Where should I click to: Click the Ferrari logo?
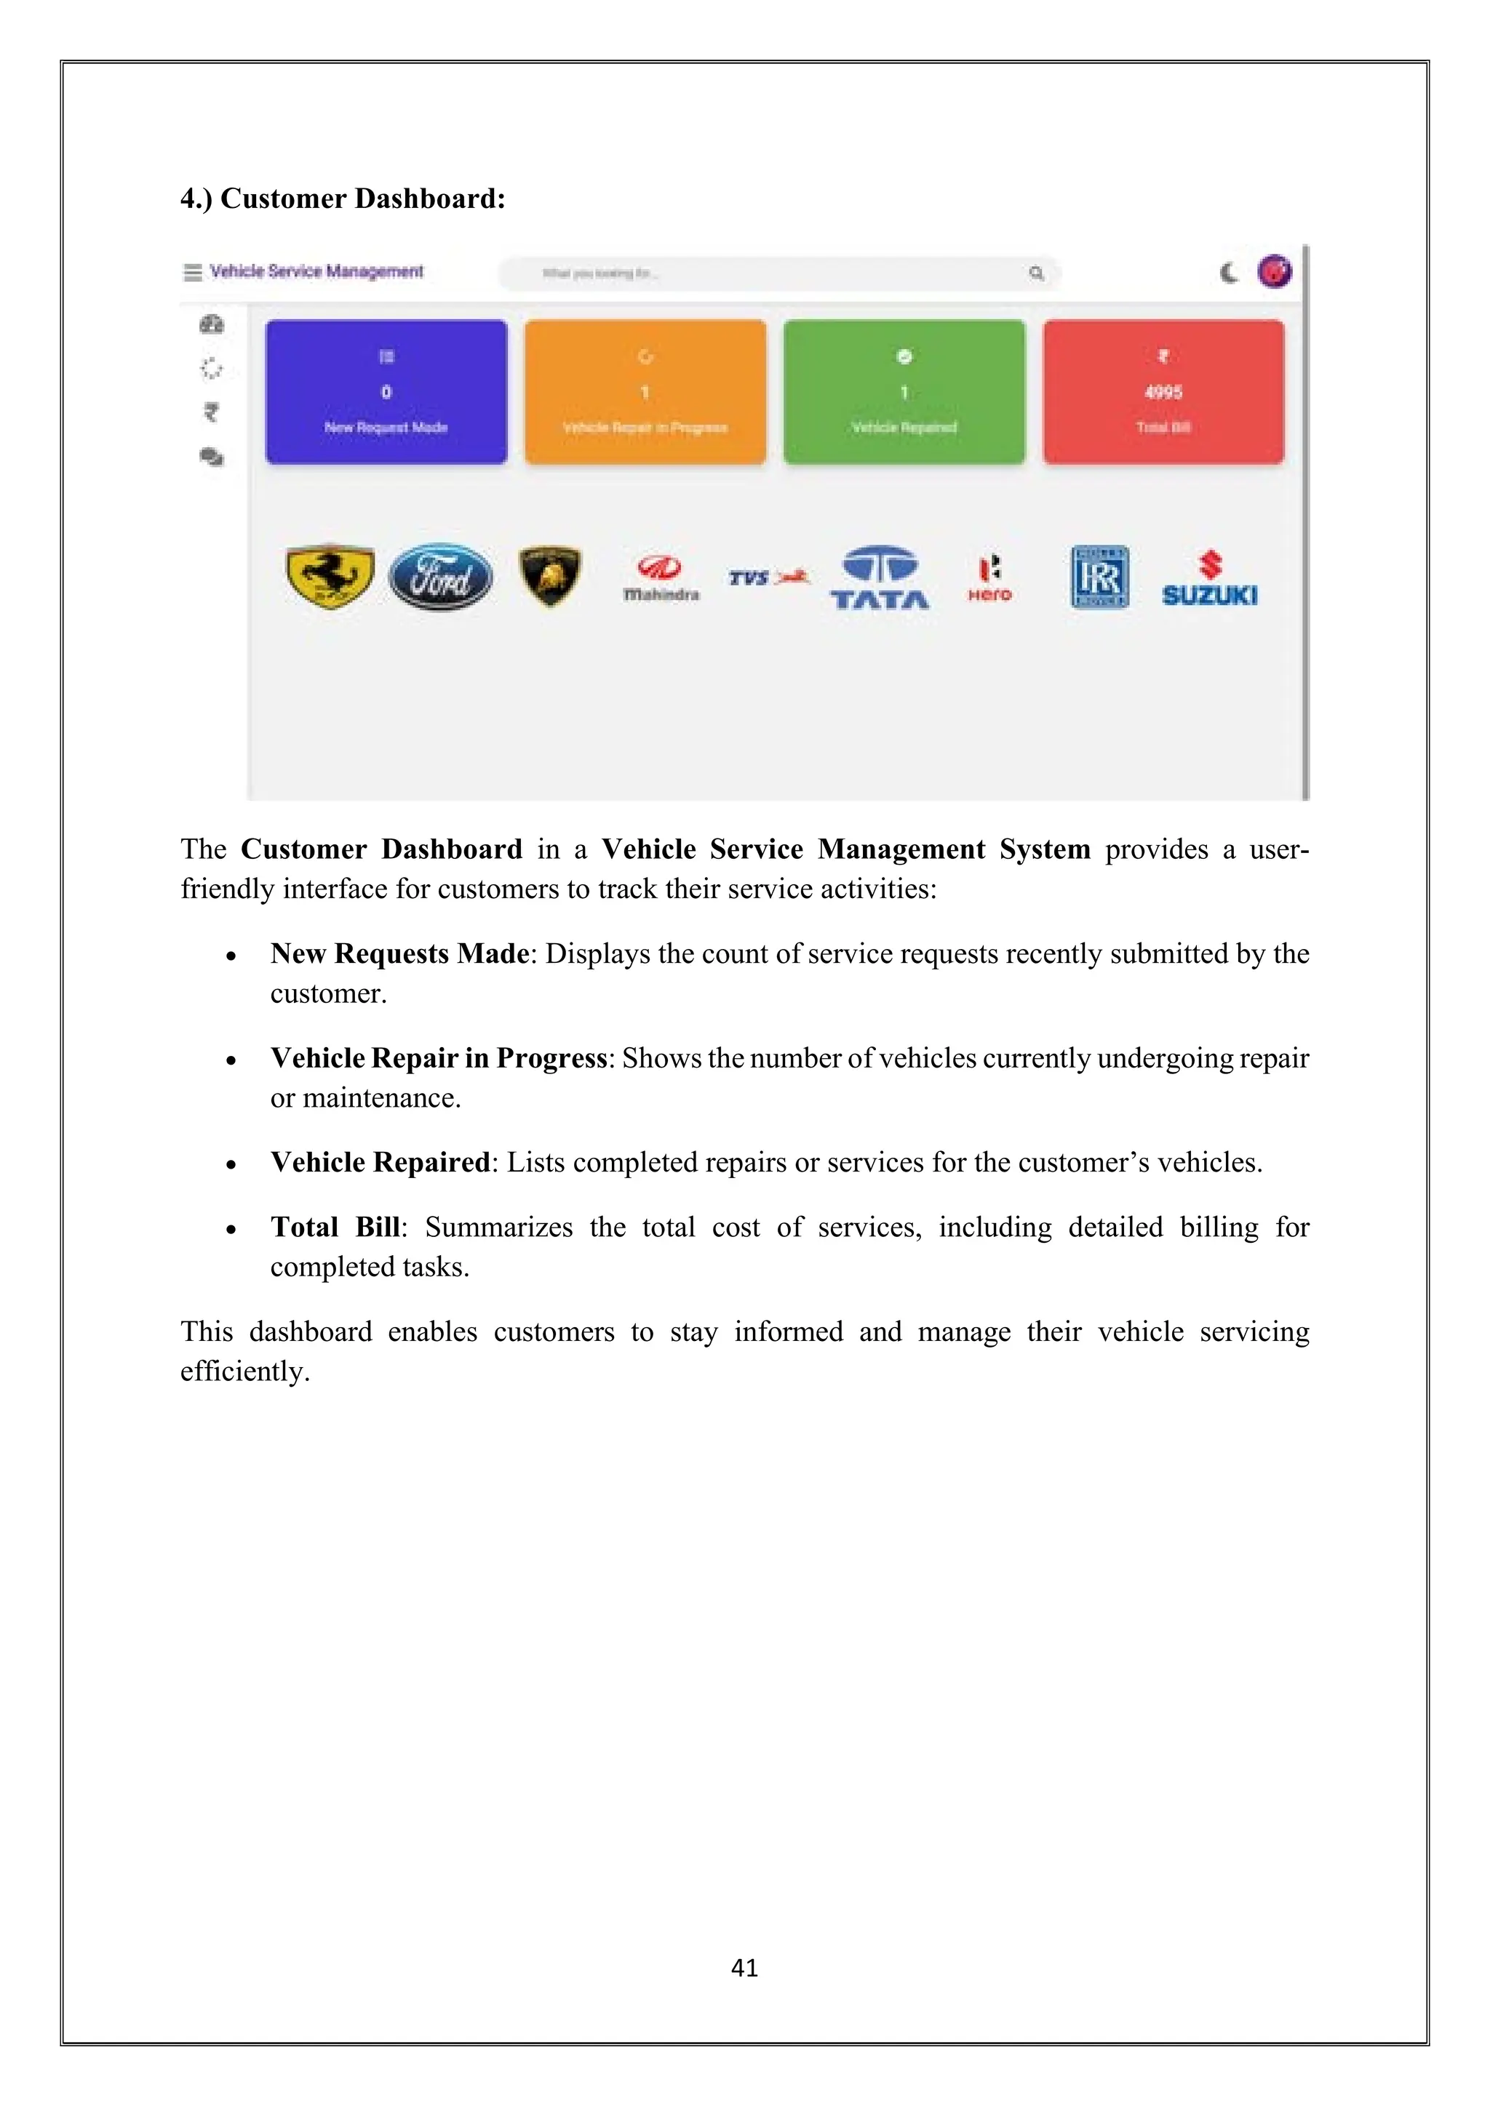[x=330, y=577]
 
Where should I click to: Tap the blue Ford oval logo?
[x=440, y=577]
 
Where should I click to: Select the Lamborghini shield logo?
[x=549, y=576]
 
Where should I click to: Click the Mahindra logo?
[x=661, y=579]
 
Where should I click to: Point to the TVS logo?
[x=769, y=578]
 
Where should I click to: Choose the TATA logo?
[x=880, y=578]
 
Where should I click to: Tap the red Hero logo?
[x=989, y=578]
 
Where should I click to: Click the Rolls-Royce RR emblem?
[x=1099, y=577]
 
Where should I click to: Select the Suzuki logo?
[x=1209, y=579]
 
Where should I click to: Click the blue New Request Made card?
[x=386, y=393]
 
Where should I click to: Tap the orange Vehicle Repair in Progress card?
[x=645, y=393]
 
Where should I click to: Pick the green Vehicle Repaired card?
[x=904, y=393]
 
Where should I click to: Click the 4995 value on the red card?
[x=1163, y=393]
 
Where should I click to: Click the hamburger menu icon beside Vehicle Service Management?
[x=193, y=273]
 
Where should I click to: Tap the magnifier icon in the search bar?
[x=1036, y=273]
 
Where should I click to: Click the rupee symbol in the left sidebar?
[x=211, y=413]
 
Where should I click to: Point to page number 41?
[x=744, y=1968]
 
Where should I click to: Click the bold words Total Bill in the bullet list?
[x=335, y=1228]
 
